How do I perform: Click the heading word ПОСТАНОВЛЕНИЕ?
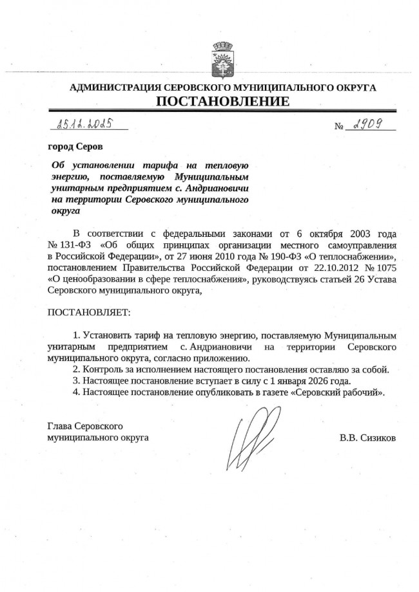click(222, 102)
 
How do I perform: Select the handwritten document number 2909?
click(366, 125)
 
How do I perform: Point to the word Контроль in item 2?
click(100, 369)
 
